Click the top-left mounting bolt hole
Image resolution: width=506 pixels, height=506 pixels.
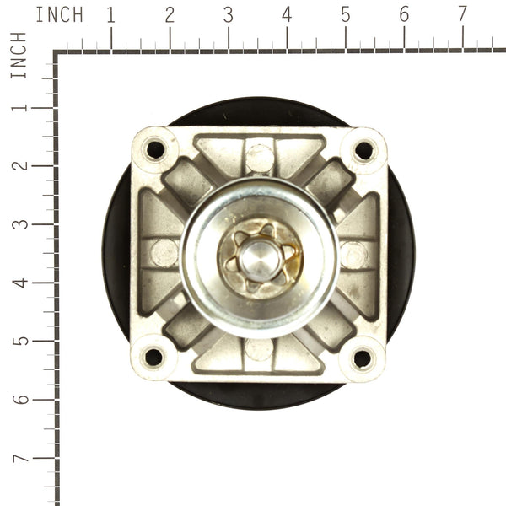pyautogui.click(x=155, y=149)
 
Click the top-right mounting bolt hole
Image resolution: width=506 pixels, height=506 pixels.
pyautogui.click(x=363, y=150)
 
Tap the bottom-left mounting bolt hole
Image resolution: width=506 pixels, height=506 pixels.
pyautogui.click(x=153, y=357)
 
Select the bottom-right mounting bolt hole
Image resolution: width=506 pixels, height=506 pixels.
pyautogui.click(x=362, y=358)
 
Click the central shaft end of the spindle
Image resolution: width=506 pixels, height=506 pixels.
pyautogui.click(x=259, y=256)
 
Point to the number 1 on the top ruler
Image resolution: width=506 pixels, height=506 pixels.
pyautogui.click(x=110, y=14)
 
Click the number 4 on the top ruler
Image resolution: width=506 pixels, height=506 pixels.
pyautogui.click(x=287, y=14)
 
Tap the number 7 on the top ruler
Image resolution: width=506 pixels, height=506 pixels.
pyautogui.click(x=462, y=14)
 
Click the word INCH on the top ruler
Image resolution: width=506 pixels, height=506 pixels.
pyautogui.click(x=59, y=14)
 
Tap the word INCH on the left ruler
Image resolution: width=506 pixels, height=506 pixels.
pyautogui.click(x=19, y=56)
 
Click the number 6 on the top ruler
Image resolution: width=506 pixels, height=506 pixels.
pyautogui.click(x=404, y=14)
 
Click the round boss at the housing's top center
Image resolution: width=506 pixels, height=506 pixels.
pyautogui.click(x=260, y=157)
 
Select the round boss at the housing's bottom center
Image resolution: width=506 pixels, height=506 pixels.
pyautogui.click(x=259, y=349)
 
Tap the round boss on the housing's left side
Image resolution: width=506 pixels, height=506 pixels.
pyautogui.click(x=164, y=253)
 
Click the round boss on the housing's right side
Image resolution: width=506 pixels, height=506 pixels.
pyautogui.click(x=354, y=254)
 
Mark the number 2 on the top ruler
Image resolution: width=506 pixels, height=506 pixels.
pyautogui.click(x=170, y=14)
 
